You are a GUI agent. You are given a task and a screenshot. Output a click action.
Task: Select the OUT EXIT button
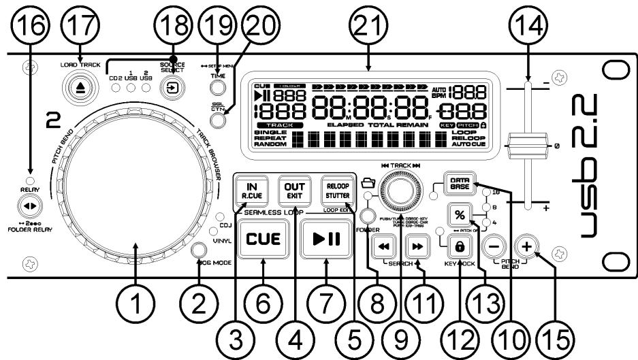click(293, 186)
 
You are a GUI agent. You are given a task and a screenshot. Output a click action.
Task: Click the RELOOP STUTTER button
click(338, 186)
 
